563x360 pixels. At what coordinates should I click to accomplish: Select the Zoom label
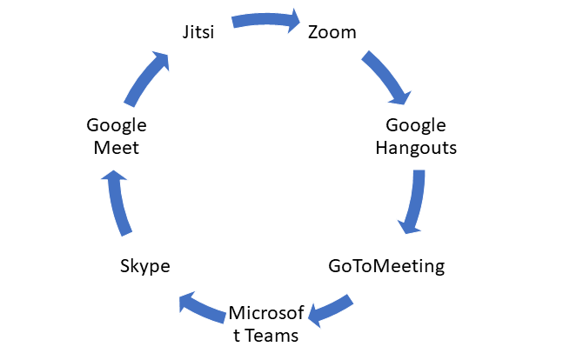332,33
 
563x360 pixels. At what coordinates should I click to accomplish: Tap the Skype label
144,265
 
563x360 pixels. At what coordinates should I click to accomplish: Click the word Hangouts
416,147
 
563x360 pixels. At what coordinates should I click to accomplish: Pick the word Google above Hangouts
416,125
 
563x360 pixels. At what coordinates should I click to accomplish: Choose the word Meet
117,147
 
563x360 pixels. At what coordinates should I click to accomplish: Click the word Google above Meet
117,125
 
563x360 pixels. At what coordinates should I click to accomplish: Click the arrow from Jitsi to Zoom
263,19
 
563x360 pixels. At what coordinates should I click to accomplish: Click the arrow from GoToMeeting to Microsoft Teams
332,307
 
